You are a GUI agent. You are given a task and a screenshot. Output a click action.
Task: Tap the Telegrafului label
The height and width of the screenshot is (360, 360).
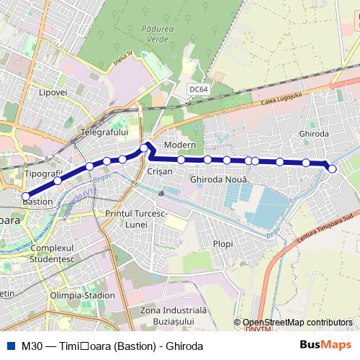click(x=104, y=132)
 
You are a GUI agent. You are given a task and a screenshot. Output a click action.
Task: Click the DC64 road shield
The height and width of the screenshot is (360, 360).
click(x=198, y=89)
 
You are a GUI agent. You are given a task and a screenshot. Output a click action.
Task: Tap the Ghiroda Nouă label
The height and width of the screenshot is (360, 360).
click(x=220, y=178)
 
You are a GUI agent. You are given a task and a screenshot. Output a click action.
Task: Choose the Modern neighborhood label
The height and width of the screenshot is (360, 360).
click(x=175, y=145)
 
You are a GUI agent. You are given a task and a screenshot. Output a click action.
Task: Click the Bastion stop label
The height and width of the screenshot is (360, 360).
click(x=37, y=202)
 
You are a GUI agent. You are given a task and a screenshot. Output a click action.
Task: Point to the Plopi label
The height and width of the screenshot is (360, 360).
click(x=222, y=244)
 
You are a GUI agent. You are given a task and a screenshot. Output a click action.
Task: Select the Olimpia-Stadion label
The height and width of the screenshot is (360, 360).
click(x=83, y=295)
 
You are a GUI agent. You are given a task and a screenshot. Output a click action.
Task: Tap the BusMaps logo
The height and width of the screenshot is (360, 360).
click(x=330, y=346)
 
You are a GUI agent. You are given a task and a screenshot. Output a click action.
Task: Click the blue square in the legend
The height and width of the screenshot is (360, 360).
click(x=9, y=346)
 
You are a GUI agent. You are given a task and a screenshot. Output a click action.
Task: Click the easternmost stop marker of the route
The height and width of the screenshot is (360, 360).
click(x=332, y=168)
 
